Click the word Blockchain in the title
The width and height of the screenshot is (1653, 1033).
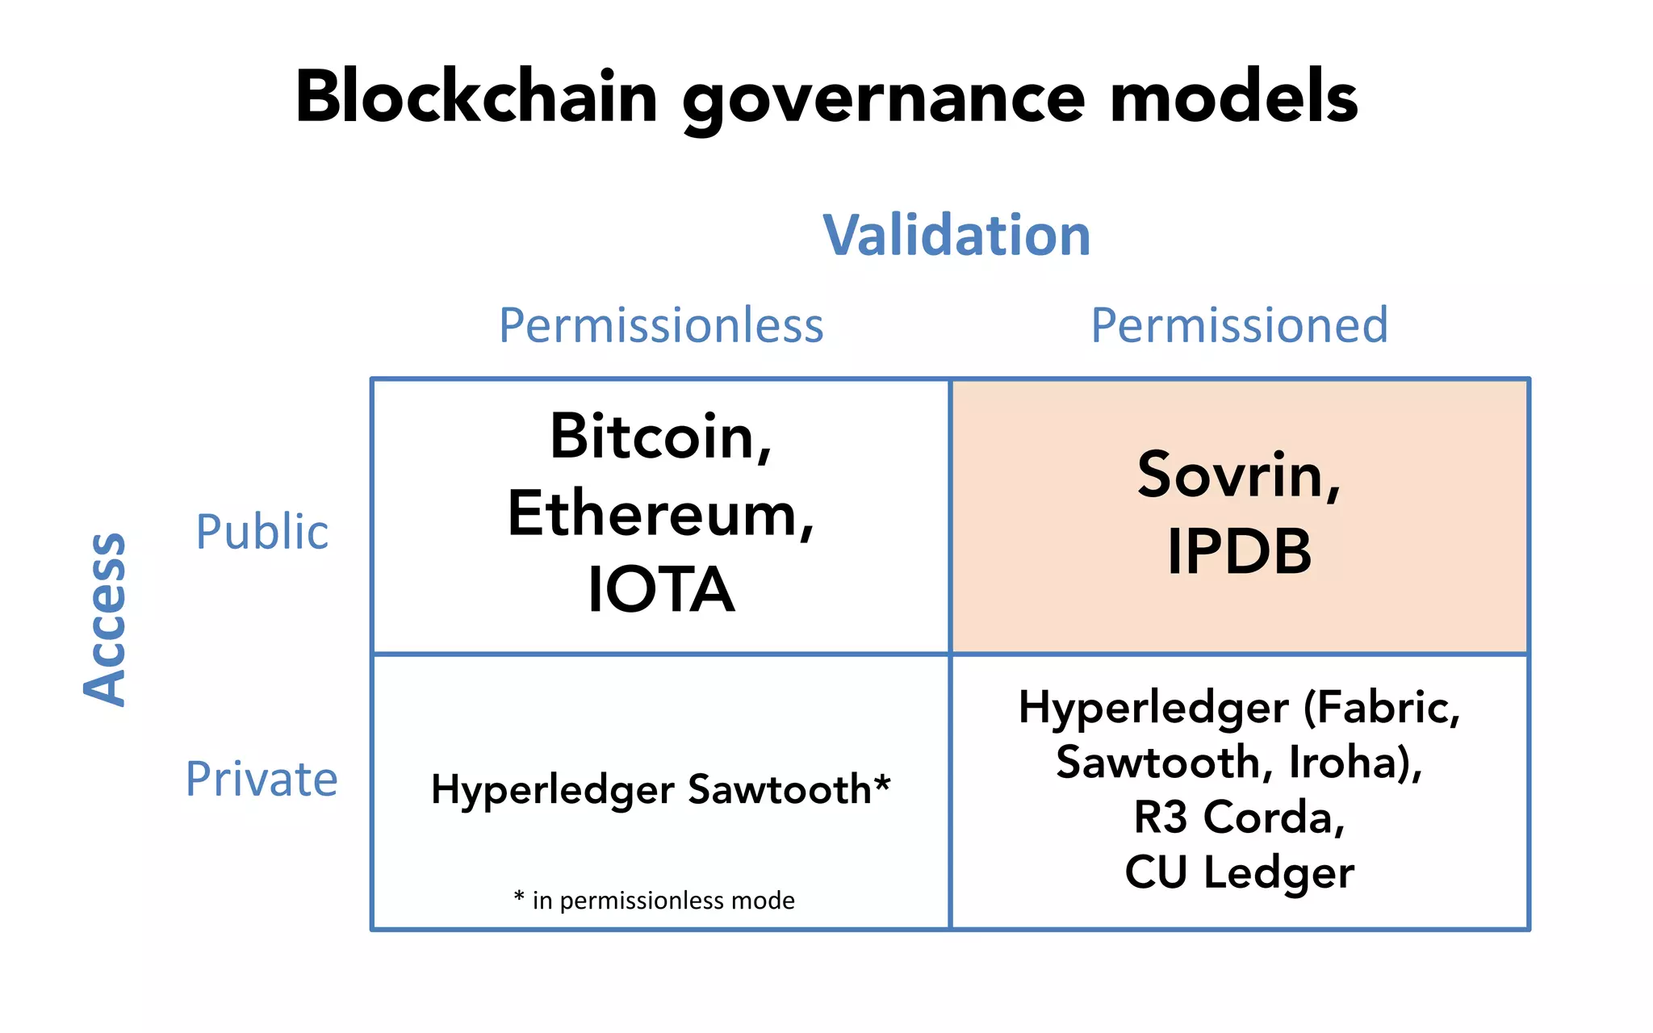476,97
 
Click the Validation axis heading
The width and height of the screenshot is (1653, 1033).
956,236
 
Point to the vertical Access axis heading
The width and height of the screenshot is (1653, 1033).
105,619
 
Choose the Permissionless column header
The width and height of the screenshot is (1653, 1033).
661,325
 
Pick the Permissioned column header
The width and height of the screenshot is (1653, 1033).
1239,325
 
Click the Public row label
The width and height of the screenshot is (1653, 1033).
262,532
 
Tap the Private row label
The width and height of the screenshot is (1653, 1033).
262,779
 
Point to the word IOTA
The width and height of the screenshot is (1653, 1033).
661,589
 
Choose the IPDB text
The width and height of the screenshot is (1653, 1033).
1239,551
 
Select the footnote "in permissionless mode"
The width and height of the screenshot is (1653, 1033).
663,900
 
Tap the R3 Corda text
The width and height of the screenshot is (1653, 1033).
1239,817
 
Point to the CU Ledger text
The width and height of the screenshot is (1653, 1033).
1239,872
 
